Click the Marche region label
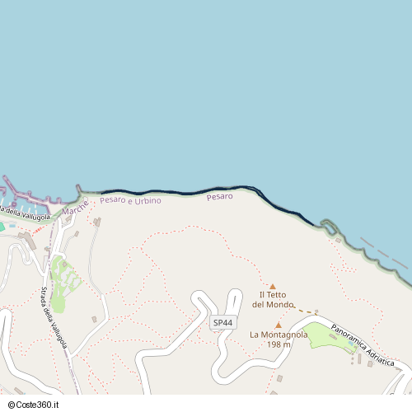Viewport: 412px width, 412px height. [x=75, y=209]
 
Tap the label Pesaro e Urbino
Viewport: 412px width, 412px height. [x=130, y=200]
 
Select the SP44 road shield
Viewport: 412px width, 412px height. [x=222, y=322]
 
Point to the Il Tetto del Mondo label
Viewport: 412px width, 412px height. [x=273, y=299]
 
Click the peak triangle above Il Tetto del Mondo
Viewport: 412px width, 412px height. [x=273, y=287]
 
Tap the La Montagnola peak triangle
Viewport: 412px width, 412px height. [x=278, y=325]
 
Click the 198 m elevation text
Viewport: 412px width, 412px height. [x=279, y=344]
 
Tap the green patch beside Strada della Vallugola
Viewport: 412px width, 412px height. [x=64, y=276]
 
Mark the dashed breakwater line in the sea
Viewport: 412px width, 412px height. [x=384, y=256]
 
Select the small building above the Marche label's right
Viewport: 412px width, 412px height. [x=96, y=222]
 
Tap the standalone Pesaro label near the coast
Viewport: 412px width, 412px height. [x=220, y=196]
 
